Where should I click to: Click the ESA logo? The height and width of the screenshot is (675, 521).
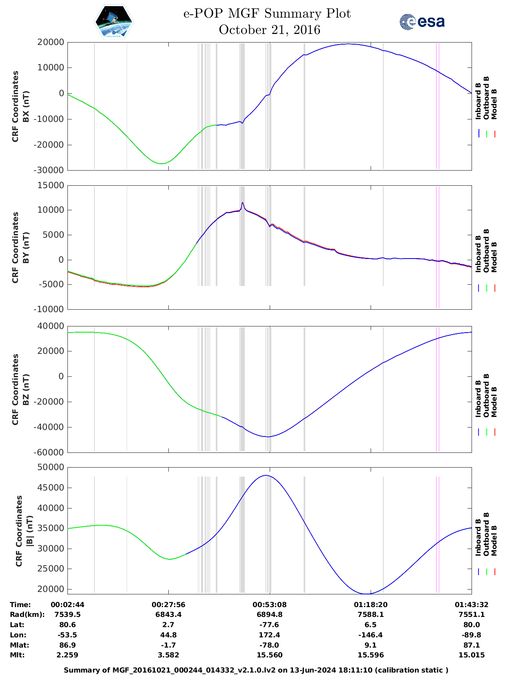pos(422,22)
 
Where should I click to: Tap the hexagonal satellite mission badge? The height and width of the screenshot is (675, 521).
pos(114,22)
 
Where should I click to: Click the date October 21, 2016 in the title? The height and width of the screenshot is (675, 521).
pos(269,30)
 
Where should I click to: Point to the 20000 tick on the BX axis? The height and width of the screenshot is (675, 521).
pos(50,42)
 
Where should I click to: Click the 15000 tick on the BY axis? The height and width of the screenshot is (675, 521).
pos(50,185)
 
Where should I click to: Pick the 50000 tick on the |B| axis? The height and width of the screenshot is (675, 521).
pos(50,467)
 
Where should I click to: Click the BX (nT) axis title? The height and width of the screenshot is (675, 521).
pos(26,106)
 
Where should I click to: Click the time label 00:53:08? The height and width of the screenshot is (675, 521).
pos(269,605)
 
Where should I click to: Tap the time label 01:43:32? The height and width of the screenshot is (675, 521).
pos(472,605)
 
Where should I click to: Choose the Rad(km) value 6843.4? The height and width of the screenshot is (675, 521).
pos(168,614)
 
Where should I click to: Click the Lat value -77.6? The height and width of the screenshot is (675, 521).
pos(269,625)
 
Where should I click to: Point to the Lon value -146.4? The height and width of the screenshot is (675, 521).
pos(370,635)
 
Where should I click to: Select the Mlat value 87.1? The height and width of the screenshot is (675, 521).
pos(472,645)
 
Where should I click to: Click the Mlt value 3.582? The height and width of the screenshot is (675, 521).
pos(168,655)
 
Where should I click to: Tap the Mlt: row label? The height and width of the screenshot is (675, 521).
pos(17,655)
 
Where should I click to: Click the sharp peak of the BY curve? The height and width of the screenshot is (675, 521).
pos(242,202)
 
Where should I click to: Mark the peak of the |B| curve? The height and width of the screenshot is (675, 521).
pos(266,475)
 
